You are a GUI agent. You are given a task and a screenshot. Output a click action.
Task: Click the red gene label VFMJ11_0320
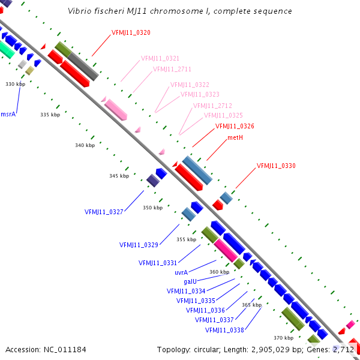[x=131, y=32]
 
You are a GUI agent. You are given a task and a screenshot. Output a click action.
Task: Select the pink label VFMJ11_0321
[x=160, y=59]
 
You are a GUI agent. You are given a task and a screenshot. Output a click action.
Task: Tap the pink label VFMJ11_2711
[x=172, y=69]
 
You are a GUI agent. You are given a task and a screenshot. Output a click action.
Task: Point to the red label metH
[x=235, y=138]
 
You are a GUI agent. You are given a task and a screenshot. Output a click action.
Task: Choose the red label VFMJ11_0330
[x=276, y=166]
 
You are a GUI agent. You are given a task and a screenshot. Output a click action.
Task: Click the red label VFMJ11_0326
[x=235, y=127]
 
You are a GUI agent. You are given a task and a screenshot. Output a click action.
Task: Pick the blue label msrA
[x=8, y=113]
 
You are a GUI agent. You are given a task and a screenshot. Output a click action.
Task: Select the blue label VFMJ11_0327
[x=104, y=212]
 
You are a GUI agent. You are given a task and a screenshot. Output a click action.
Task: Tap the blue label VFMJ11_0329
[x=139, y=245]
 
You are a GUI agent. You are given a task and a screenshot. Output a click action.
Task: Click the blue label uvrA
[x=181, y=272]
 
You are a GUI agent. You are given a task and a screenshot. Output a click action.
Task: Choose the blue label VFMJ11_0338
[x=224, y=330]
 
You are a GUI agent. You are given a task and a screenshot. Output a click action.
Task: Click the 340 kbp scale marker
[x=85, y=145]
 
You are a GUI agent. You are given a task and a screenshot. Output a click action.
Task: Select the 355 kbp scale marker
[x=186, y=239]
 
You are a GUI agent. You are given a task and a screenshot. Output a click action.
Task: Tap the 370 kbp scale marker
[x=283, y=338]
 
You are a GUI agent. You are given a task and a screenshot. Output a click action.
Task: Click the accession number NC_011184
[x=46, y=349]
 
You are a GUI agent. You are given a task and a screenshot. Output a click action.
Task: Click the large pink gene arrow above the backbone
[x=116, y=110]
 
